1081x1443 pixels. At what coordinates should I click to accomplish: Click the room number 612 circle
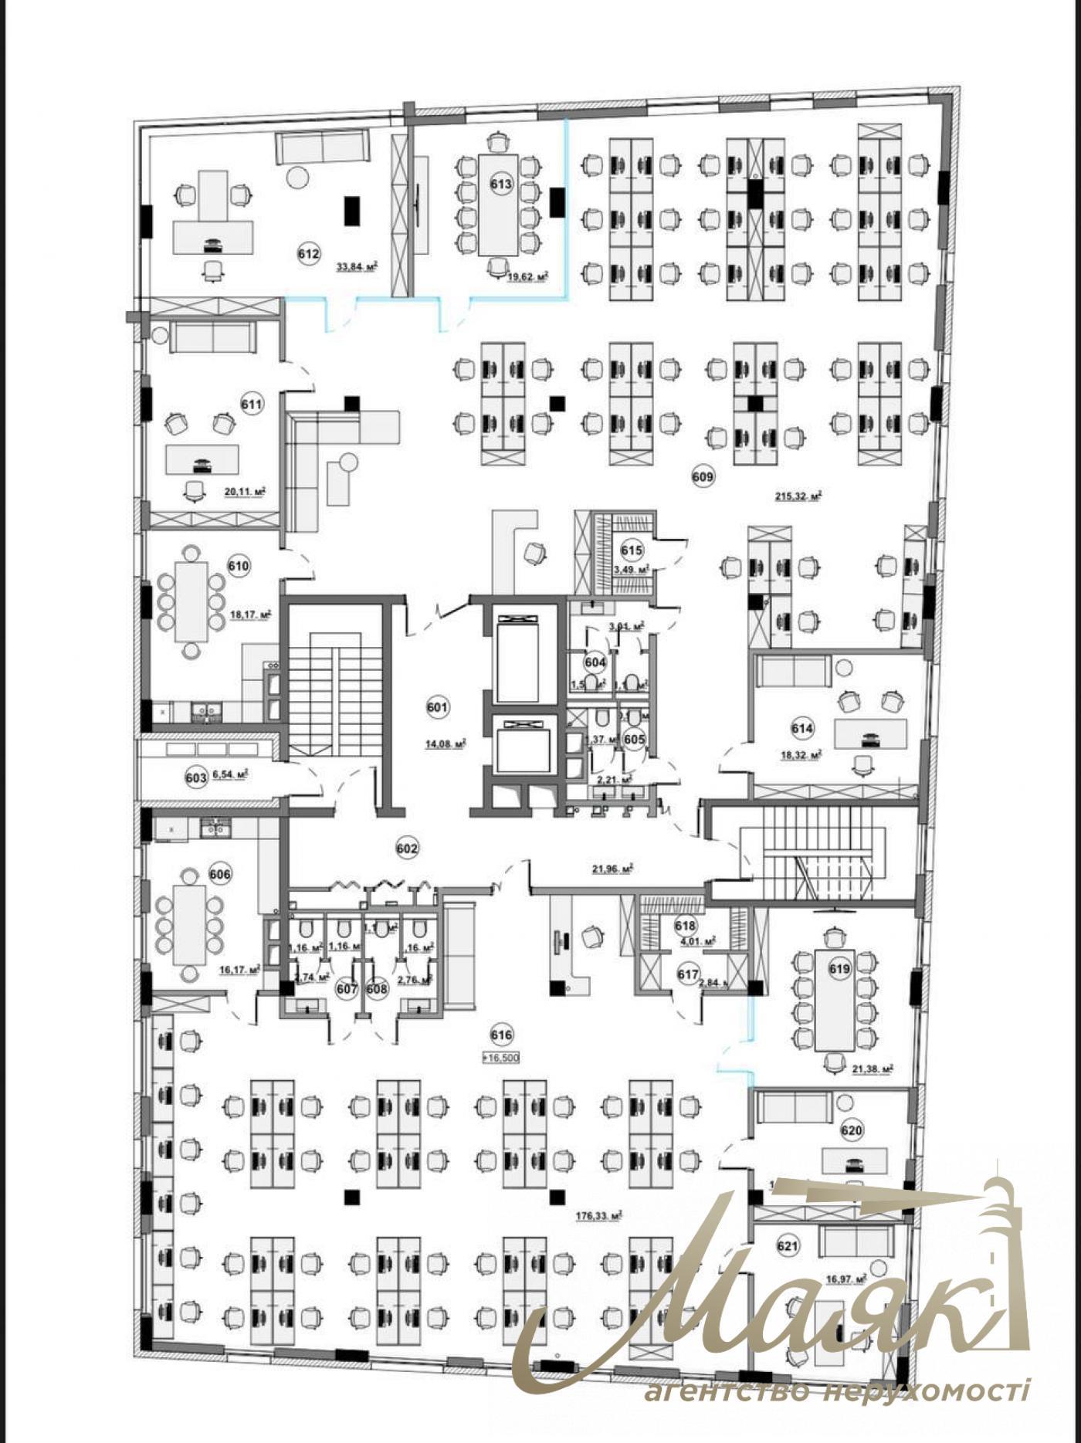click(308, 253)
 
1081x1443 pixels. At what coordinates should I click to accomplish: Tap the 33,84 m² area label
click(356, 267)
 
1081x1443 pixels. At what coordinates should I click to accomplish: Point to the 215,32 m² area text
click(798, 497)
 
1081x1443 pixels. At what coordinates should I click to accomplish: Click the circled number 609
click(703, 476)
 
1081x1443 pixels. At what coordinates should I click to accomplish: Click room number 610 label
click(239, 566)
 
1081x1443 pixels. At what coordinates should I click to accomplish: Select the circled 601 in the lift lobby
click(437, 706)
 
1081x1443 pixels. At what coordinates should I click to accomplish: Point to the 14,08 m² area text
click(445, 744)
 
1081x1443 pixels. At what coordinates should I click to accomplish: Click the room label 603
click(196, 778)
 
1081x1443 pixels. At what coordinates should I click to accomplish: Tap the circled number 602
click(407, 849)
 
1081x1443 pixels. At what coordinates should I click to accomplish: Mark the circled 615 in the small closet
click(632, 550)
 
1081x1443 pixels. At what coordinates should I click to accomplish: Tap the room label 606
click(220, 875)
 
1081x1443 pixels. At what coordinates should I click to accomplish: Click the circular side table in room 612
click(297, 178)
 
